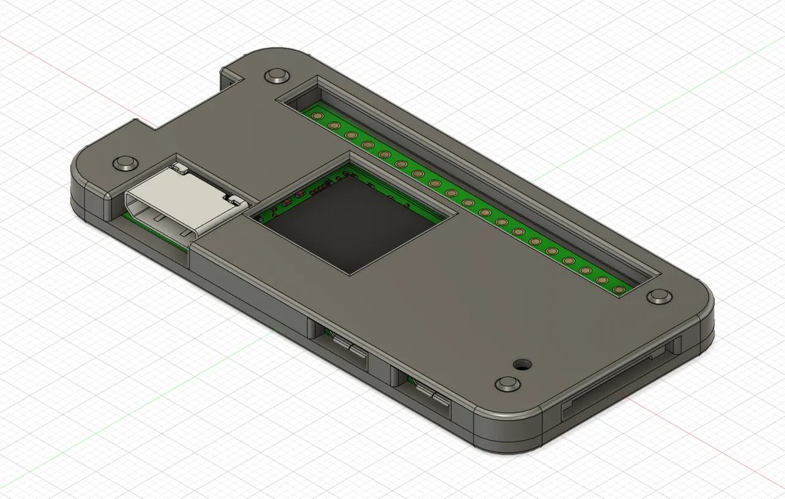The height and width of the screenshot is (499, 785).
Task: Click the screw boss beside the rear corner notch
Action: tap(274, 76)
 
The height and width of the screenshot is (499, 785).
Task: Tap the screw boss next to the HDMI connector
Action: tap(123, 163)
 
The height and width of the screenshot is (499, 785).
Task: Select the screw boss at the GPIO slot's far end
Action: tap(657, 296)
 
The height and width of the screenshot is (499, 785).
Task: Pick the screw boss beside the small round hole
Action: tap(505, 383)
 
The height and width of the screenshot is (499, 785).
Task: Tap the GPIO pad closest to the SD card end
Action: tap(618, 289)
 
